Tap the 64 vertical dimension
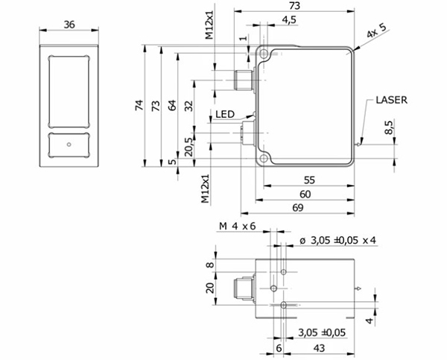[171, 106]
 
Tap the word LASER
[391, 100]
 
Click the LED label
[225, 114]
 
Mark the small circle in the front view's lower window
[69, 145]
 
